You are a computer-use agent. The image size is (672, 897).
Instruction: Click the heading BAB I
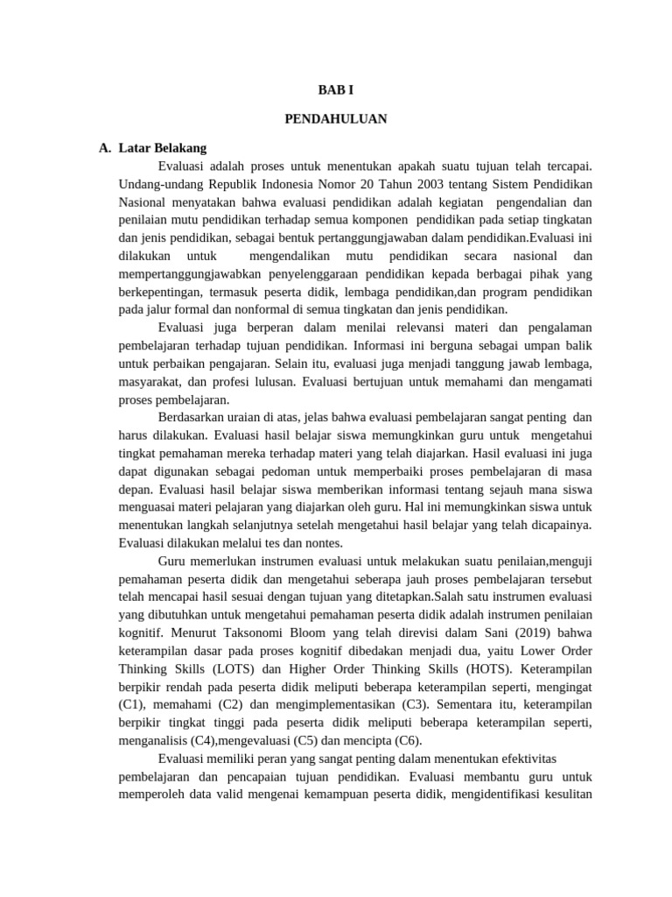[336, 89]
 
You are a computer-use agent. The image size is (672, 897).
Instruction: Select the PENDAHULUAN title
[336, 118]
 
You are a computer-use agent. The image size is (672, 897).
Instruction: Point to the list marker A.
[106, 148]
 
